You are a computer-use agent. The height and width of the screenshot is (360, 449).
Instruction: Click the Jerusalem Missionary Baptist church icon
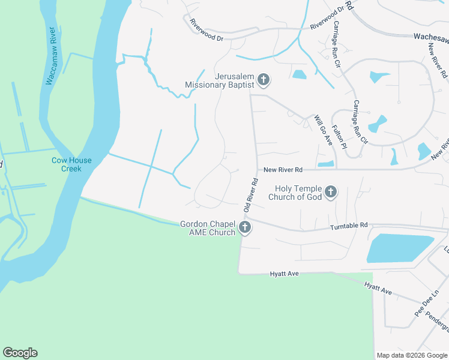coord(263,79)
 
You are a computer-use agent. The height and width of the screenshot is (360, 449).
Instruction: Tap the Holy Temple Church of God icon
coord(330,193)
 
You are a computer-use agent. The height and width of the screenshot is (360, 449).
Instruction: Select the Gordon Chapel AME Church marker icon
coord(244,227)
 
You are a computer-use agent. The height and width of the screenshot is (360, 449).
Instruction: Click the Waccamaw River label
coord(53,58)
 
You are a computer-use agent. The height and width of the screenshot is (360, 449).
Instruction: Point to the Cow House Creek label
coord(71,164)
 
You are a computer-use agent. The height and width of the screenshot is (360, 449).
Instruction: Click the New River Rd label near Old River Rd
coord(282,170)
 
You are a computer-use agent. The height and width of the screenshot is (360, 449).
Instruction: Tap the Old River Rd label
coord(250,194)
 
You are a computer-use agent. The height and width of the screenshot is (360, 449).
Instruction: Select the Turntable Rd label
coord(349,226)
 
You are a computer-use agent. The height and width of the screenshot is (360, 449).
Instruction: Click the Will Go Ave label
coord(324,131)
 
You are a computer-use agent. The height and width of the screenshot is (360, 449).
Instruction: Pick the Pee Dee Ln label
coord(423,305)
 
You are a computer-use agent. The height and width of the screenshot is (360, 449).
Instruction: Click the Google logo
coord(20,353)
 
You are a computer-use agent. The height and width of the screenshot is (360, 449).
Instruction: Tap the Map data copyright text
coord(412,355)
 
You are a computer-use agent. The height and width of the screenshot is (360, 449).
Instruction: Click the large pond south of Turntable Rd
coord(399,248)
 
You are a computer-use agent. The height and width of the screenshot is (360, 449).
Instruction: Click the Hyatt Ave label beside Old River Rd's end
coord(285,274)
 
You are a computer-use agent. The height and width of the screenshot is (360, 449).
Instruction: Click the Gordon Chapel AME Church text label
coord(208,228)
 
